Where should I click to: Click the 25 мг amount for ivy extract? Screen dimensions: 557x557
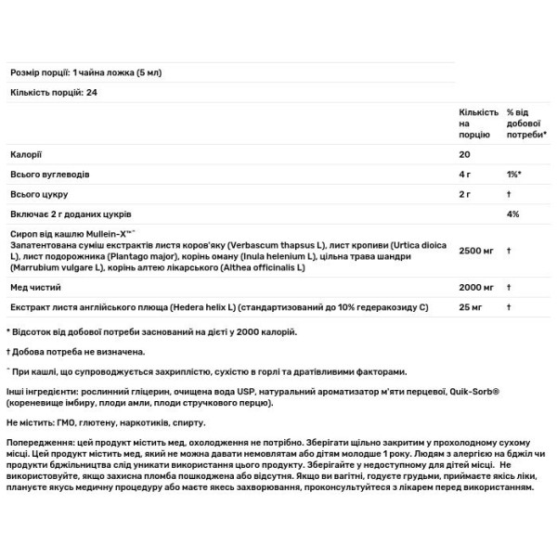[x=469, y=306]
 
